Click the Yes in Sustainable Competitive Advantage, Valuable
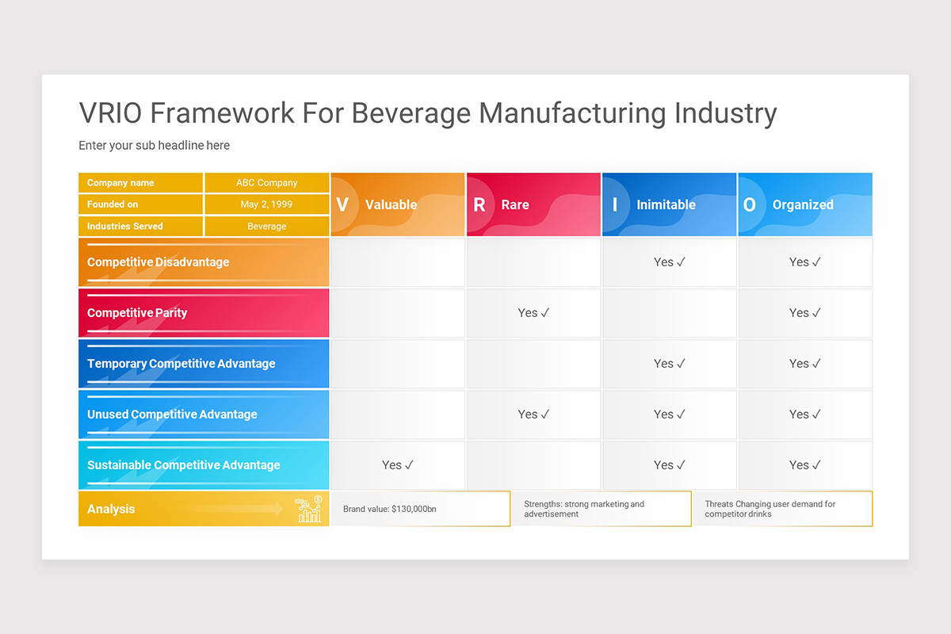(x=398, y=465)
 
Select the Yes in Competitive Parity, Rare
(x=533, y=313)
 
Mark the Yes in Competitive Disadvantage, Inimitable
(x=669, y=262)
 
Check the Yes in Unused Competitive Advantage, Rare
(x=533, y=414)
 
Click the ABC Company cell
(x=267, y=183)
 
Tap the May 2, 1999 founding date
(x=267, y=204)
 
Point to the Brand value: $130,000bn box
(x=421, y=509)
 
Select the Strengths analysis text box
(x=602, y=509)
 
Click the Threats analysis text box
(x=783, y=509)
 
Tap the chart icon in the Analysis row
(x=308, y=510)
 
